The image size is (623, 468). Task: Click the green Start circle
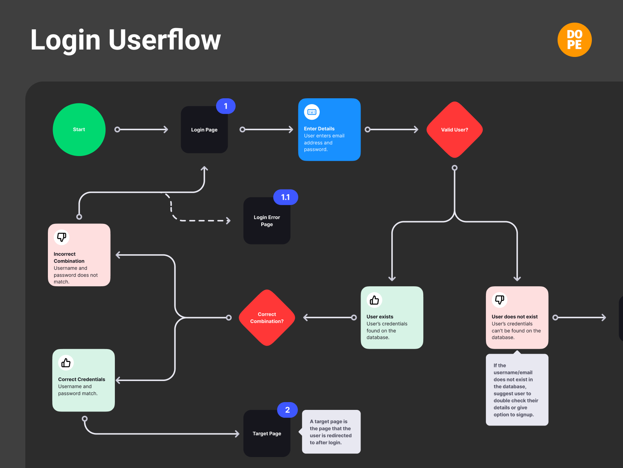point(79,129)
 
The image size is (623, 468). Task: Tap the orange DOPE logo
point(574,40)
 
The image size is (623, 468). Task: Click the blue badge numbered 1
point(226,106)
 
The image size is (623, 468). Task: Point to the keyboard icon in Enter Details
point(312,112)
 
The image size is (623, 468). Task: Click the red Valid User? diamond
point(454,129)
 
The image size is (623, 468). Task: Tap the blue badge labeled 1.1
point(285,197)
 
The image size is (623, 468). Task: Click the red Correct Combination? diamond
point(267,317)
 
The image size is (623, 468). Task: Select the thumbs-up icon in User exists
point(374,300)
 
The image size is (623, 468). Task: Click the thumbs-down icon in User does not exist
point(500,300)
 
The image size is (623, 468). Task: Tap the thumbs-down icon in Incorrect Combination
point(62,237)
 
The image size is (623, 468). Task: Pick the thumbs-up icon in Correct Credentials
point(66,363)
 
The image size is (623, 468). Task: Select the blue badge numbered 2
point(287,410)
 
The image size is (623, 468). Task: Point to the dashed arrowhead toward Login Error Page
point(228,221)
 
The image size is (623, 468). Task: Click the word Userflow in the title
point(164,40)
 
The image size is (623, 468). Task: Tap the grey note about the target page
point(331,432)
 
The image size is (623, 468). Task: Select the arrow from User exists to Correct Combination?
point(329,317)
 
